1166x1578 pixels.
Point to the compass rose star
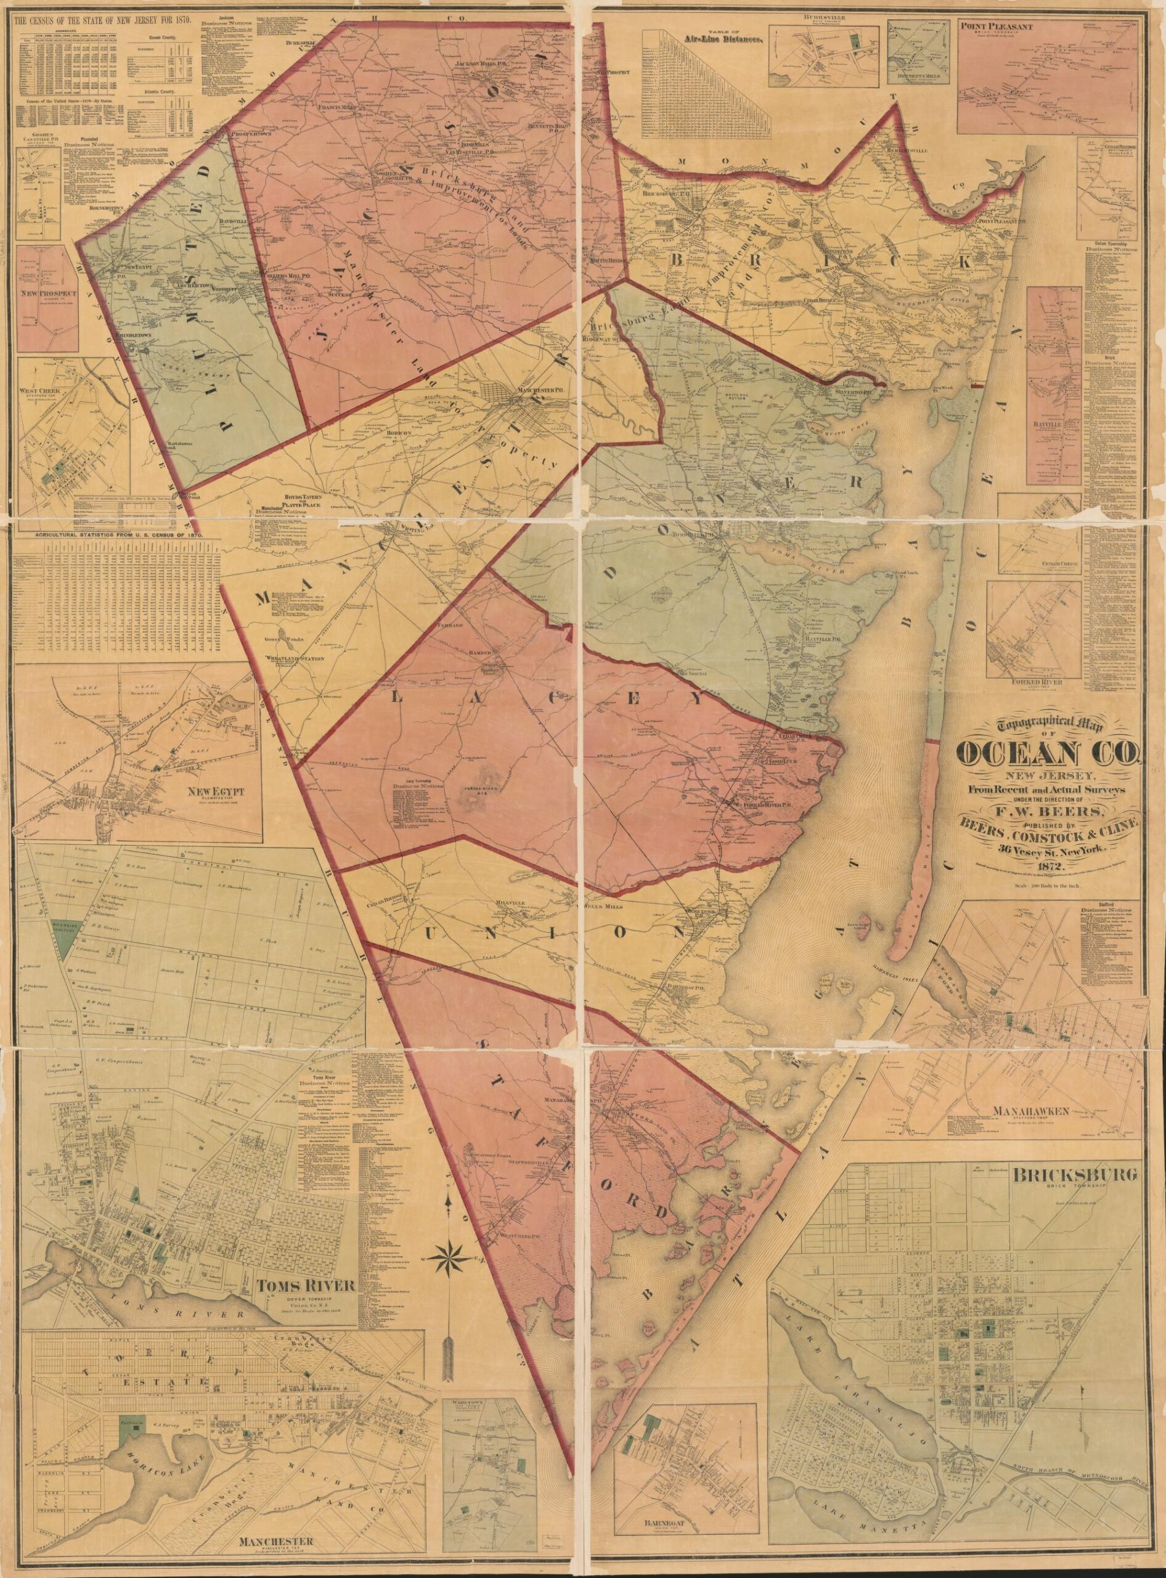(x=449, y=1272)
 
